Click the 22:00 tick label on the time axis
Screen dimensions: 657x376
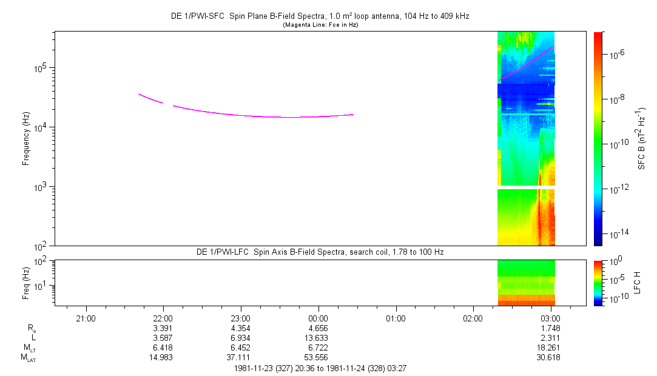pyautogui.click(x=163, y=318)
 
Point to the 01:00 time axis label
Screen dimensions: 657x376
pyautogui.click(x=396, y=318)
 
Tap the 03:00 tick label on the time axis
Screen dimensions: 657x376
pyautogui.click(x=551, y=318)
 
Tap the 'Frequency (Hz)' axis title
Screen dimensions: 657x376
pyautogui.click(x=26, y=139)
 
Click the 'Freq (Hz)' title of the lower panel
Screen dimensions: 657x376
pyautogui.click(x=26, y=283)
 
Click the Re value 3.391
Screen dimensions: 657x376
pyautogui.click(x=163, y=328)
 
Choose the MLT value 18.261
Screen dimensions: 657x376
pyautogui.click(x=548, y=348)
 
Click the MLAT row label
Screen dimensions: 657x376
pyautogui.click(x=29, y=358)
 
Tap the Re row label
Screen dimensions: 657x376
pyautogui.click(x=32, y=329)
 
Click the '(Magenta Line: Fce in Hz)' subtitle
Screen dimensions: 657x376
pyautogui.click(x=320, y=25)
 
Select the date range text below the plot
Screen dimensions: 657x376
pyautogui.click(x=320, y=369)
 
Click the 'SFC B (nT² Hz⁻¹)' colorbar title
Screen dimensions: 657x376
pyautogui.click(x=641, y=138)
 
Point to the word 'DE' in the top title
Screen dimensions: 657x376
pyautogui.click(x=176, y=16)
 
